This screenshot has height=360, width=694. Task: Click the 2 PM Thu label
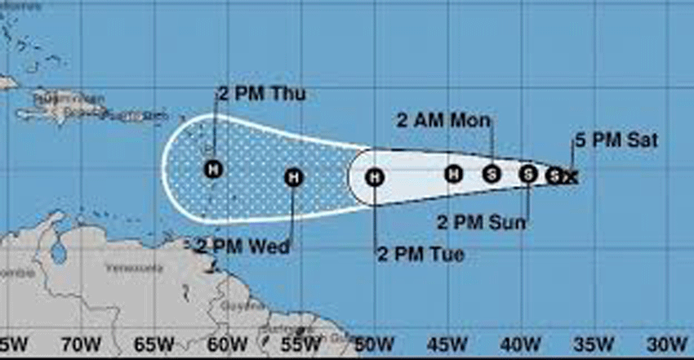(261, 94)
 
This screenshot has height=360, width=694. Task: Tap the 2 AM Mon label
(444, 121)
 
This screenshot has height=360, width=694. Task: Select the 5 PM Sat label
(616, 140)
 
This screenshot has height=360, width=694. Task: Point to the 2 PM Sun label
(481, 221)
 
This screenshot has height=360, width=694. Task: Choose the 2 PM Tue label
(420, 254)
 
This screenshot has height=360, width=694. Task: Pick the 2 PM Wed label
(242, 245)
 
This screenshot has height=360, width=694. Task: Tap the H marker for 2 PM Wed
(294, 176)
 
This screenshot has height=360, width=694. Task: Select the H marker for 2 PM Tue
(374, 176)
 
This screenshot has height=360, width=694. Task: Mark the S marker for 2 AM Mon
(491, 173)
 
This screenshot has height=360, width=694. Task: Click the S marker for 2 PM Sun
(528, 173)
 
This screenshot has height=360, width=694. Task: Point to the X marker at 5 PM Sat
(571, 176)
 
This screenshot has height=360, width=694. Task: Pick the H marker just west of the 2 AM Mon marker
(454, 173)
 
